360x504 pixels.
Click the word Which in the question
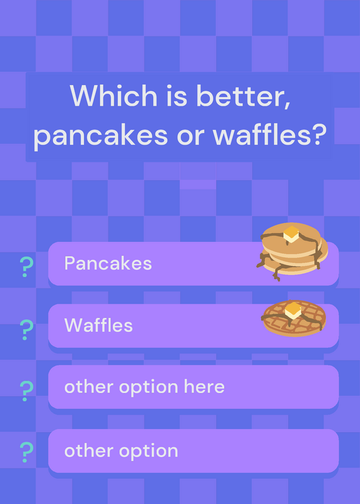coord(113,96)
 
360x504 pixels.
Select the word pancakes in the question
coord(101,135)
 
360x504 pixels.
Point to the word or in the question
coord(190,137)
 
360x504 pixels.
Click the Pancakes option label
coord(108,263)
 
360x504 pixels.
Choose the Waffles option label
coord(98,325)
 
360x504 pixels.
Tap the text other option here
coord(144,387)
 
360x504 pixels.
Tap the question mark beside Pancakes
coord(26,267)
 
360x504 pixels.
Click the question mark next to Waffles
coord(26,329)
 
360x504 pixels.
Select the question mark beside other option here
coord(26,391)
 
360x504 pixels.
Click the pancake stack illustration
coord(292,251)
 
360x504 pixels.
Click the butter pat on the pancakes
coord(291,234)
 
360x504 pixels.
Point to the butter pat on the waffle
coord(293,311)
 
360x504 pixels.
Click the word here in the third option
coord(204,386)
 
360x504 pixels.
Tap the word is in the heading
coord(177,96)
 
